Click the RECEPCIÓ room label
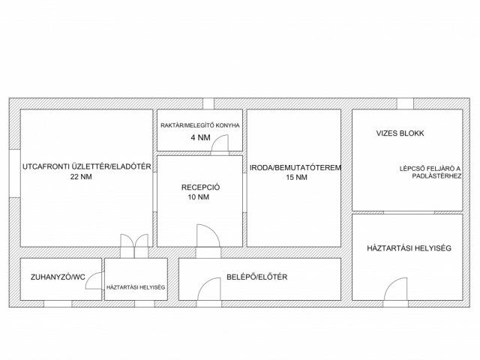click(200, 187)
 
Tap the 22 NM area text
click(81, 177)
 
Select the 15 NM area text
click(297, 177)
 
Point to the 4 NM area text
click(200, 137)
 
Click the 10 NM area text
click(198, 196)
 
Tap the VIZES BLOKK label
click(400, 133)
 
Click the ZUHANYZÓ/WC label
click(58, 277)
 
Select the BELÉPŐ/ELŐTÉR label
click(256, 277)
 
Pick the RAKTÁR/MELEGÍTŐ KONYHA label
click(200, 125)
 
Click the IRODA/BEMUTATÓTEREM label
click(295, 167)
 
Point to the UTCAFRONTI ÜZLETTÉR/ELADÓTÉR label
click(87, 166)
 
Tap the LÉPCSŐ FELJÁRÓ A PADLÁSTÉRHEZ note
click(430, 172)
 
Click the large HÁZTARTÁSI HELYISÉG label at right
click(409, 248)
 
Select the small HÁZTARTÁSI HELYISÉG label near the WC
click(136, 287)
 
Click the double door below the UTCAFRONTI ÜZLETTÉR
click(134, 241)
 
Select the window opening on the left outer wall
click(15, 173)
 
